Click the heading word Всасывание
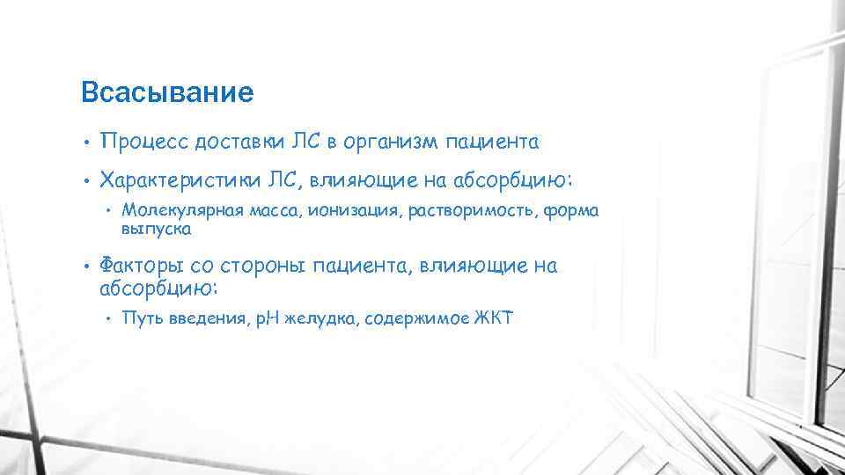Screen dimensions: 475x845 coord(166,92)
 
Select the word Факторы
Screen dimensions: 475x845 coord(137,267)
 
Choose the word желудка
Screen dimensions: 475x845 coord(314,318)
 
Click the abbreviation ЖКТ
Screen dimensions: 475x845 coord(493,318)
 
